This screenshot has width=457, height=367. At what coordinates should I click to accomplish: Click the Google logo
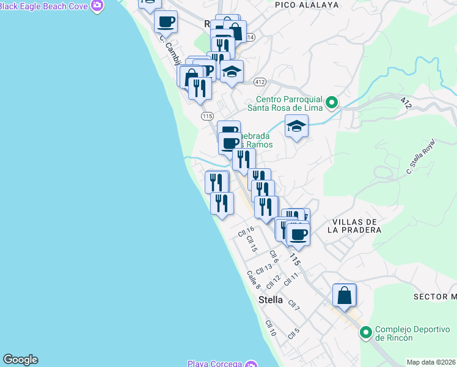click(20, 360)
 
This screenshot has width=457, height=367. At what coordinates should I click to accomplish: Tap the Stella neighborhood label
click(271, 300)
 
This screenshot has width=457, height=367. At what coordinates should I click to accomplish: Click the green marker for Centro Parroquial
click(332, 102)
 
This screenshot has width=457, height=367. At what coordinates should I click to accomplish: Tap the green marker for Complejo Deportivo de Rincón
click(366, 333)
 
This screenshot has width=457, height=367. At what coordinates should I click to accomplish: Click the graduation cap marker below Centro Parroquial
click(296, 127)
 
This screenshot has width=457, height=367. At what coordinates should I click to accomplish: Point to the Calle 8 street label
click(254, 280)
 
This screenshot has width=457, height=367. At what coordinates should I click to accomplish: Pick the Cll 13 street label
click(264, 268)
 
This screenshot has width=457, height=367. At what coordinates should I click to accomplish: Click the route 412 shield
click(260, 81)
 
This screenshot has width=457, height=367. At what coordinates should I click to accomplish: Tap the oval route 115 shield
click(207, 116)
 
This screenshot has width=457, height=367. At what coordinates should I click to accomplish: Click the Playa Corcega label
click(215, 363)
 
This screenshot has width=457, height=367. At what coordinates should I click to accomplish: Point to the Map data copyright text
click(431, 362)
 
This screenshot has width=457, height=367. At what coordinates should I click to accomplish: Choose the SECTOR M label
click(434, 297)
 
